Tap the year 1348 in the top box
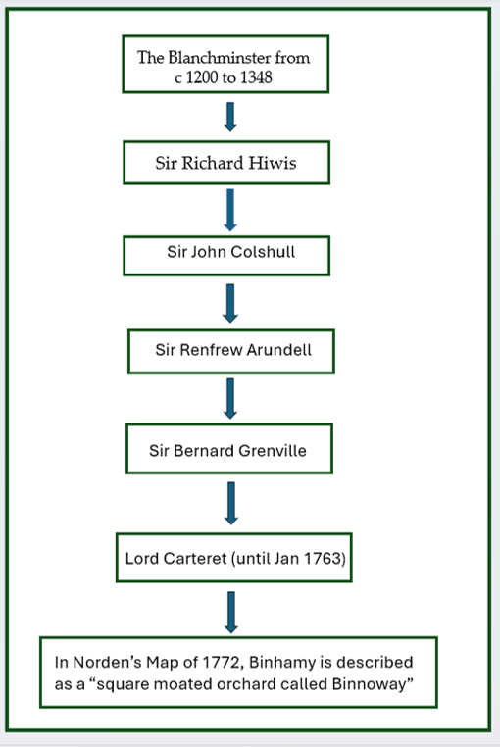coord(257,77)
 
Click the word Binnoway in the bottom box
coord(370,684)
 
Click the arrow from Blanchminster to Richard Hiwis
coord(230,117)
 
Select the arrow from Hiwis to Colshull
coord(230,210)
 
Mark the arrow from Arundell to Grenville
coord(230,399)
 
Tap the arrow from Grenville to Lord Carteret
coord(231,504)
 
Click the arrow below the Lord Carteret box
coord(231,613)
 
